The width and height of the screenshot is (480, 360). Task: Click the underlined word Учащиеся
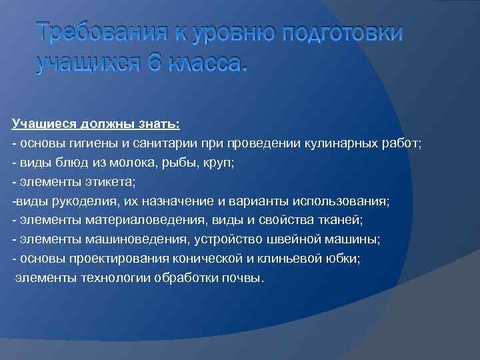pyautogui.click(x=41, y=123)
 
